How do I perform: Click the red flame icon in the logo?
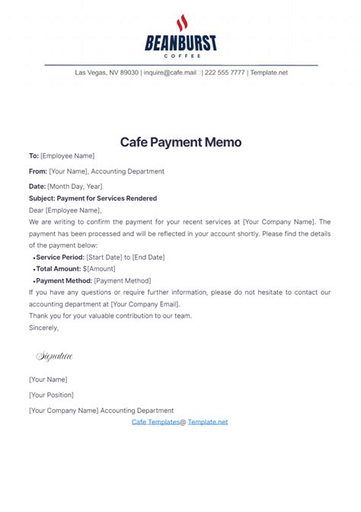click(x=181, y=23)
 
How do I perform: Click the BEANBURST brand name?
click(x=180, y=43)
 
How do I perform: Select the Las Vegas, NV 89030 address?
click(x=107, y=72)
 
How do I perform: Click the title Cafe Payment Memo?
click(x=180, y=142)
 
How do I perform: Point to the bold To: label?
click(x=34, y=156)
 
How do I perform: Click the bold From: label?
click(x=38, y=171)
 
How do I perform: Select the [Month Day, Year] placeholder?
click(x=75, y=186)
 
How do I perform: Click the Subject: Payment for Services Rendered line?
click(x=93, y=198)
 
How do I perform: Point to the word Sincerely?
click(x=43, y=328)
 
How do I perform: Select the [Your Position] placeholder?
click(x=51, y=395)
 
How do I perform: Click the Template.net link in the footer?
click(x=208, y=421)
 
